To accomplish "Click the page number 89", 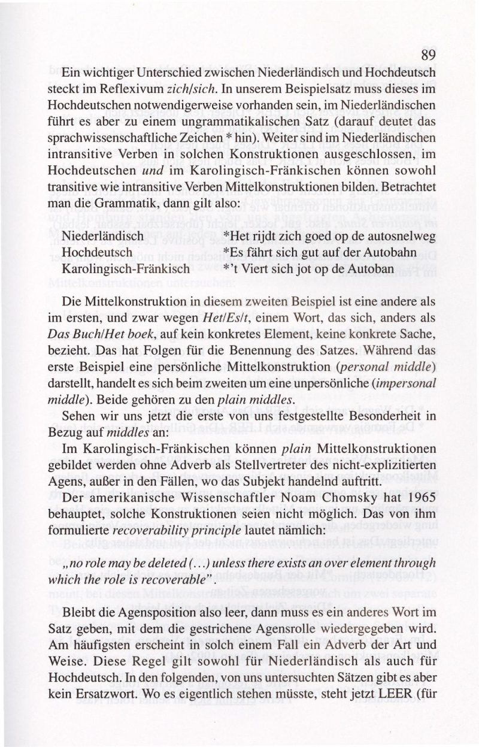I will [x=428, y=55].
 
